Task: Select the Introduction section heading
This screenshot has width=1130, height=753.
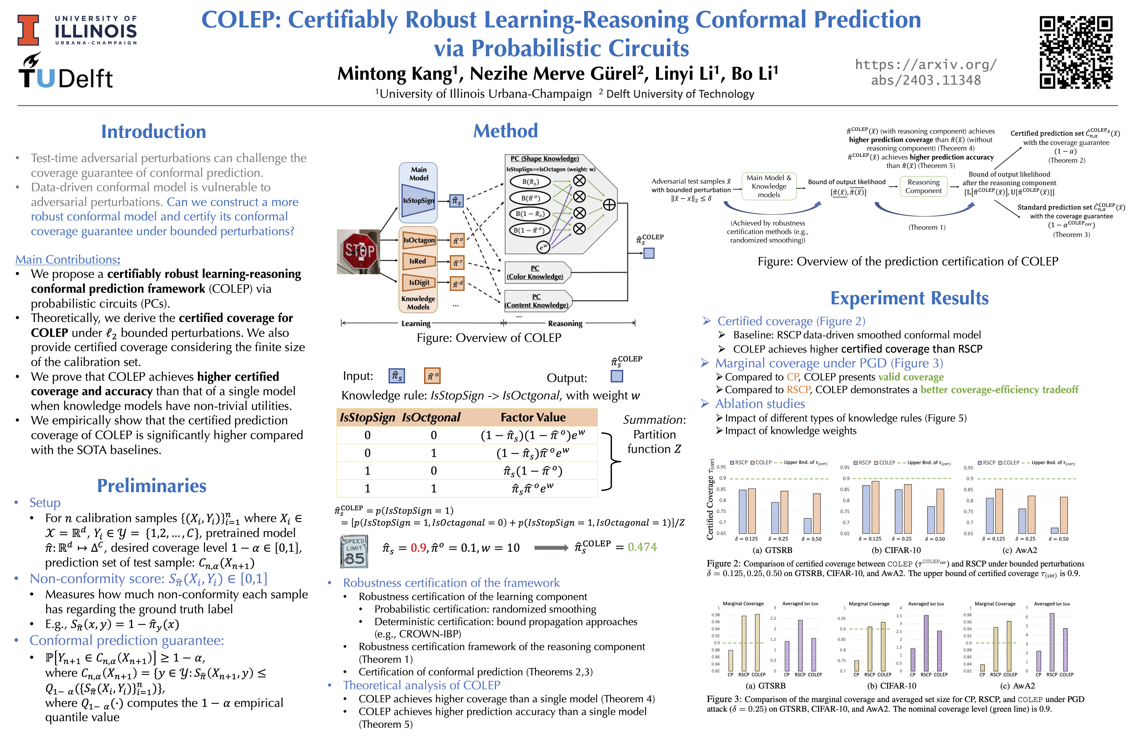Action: point(153,132)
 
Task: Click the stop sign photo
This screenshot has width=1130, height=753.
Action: point(358,252)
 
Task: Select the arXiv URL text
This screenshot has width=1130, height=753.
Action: point(925,72)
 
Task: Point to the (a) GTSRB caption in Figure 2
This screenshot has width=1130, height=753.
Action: point(772,550)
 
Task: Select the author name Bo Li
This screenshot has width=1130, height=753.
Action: point(754,73)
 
